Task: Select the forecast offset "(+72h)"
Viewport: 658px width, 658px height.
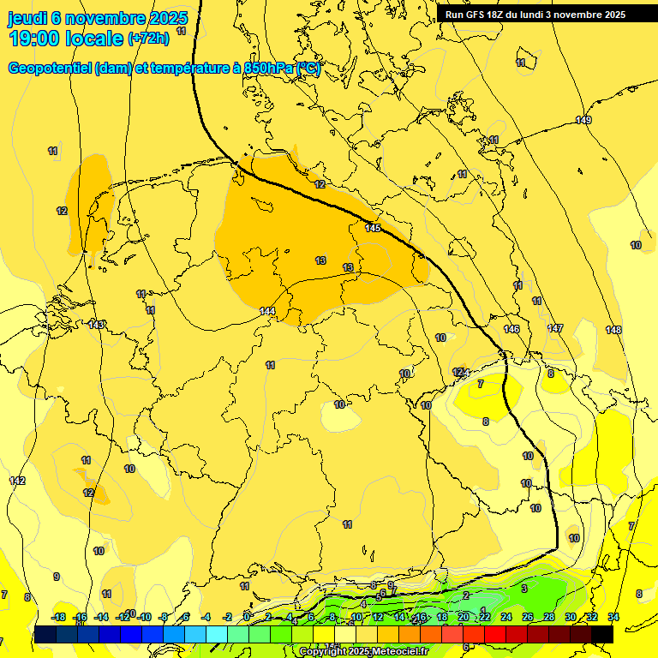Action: pos(148,39)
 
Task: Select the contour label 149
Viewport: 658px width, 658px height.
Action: pos(583,120)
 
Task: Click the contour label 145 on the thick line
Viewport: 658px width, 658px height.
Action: pos(373,228)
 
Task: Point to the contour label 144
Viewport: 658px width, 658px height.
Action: pos(267,311)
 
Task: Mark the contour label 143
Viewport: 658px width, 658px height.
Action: pos(96,325)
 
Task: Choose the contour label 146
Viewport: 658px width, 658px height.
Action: pos(511,329)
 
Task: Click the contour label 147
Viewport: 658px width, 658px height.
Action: pos(555,328)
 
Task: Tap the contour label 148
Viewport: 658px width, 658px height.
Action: pos(613,330)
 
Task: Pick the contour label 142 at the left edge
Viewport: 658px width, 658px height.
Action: pos(17,481)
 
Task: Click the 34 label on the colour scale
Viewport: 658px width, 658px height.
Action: pos(613,617)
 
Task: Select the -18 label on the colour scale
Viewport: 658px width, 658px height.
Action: pos(58,617)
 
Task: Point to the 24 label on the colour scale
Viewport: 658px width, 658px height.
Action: pos(505,617)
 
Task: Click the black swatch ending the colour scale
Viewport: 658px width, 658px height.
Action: pos(602,634)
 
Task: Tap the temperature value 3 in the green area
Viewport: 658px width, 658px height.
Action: pos(523,589)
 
